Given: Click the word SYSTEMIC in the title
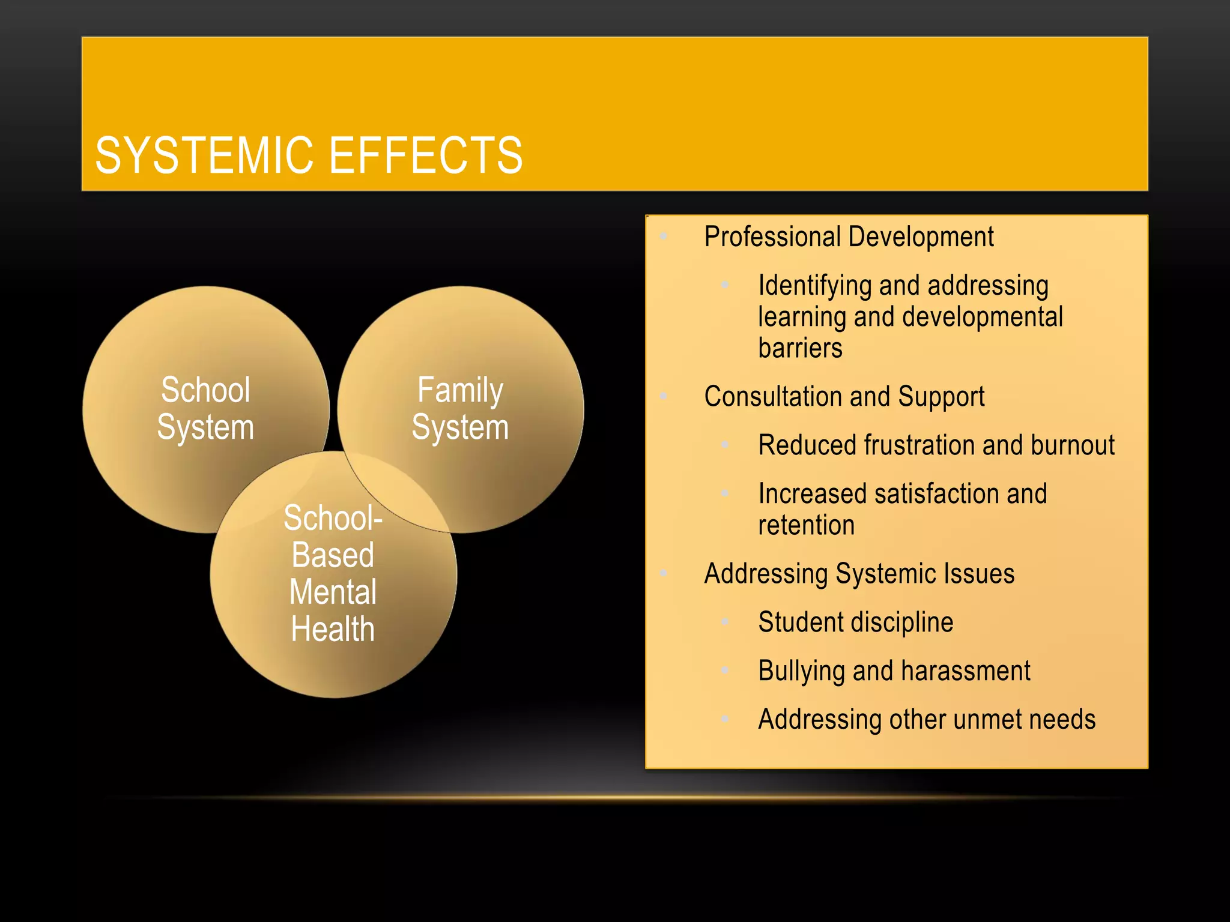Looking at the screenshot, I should click(x=205, y=155).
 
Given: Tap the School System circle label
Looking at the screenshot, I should click(x=205, y=409).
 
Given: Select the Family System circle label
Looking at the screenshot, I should click(x=460, y=409).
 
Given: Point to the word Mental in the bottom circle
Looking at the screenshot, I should click(x=333, y=592).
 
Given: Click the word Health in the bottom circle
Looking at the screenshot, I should click(x=333, y=629).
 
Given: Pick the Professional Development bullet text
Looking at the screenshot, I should click(x=849, y=237).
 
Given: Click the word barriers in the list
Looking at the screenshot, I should click(x=800, y=348).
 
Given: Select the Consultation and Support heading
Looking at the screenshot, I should click(x=844, y=397).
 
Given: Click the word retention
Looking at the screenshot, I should click(x=806, y=525).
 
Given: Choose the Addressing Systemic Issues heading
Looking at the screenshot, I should click(x=859, y=574).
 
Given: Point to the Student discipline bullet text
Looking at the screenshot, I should click(x=855, y=622).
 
